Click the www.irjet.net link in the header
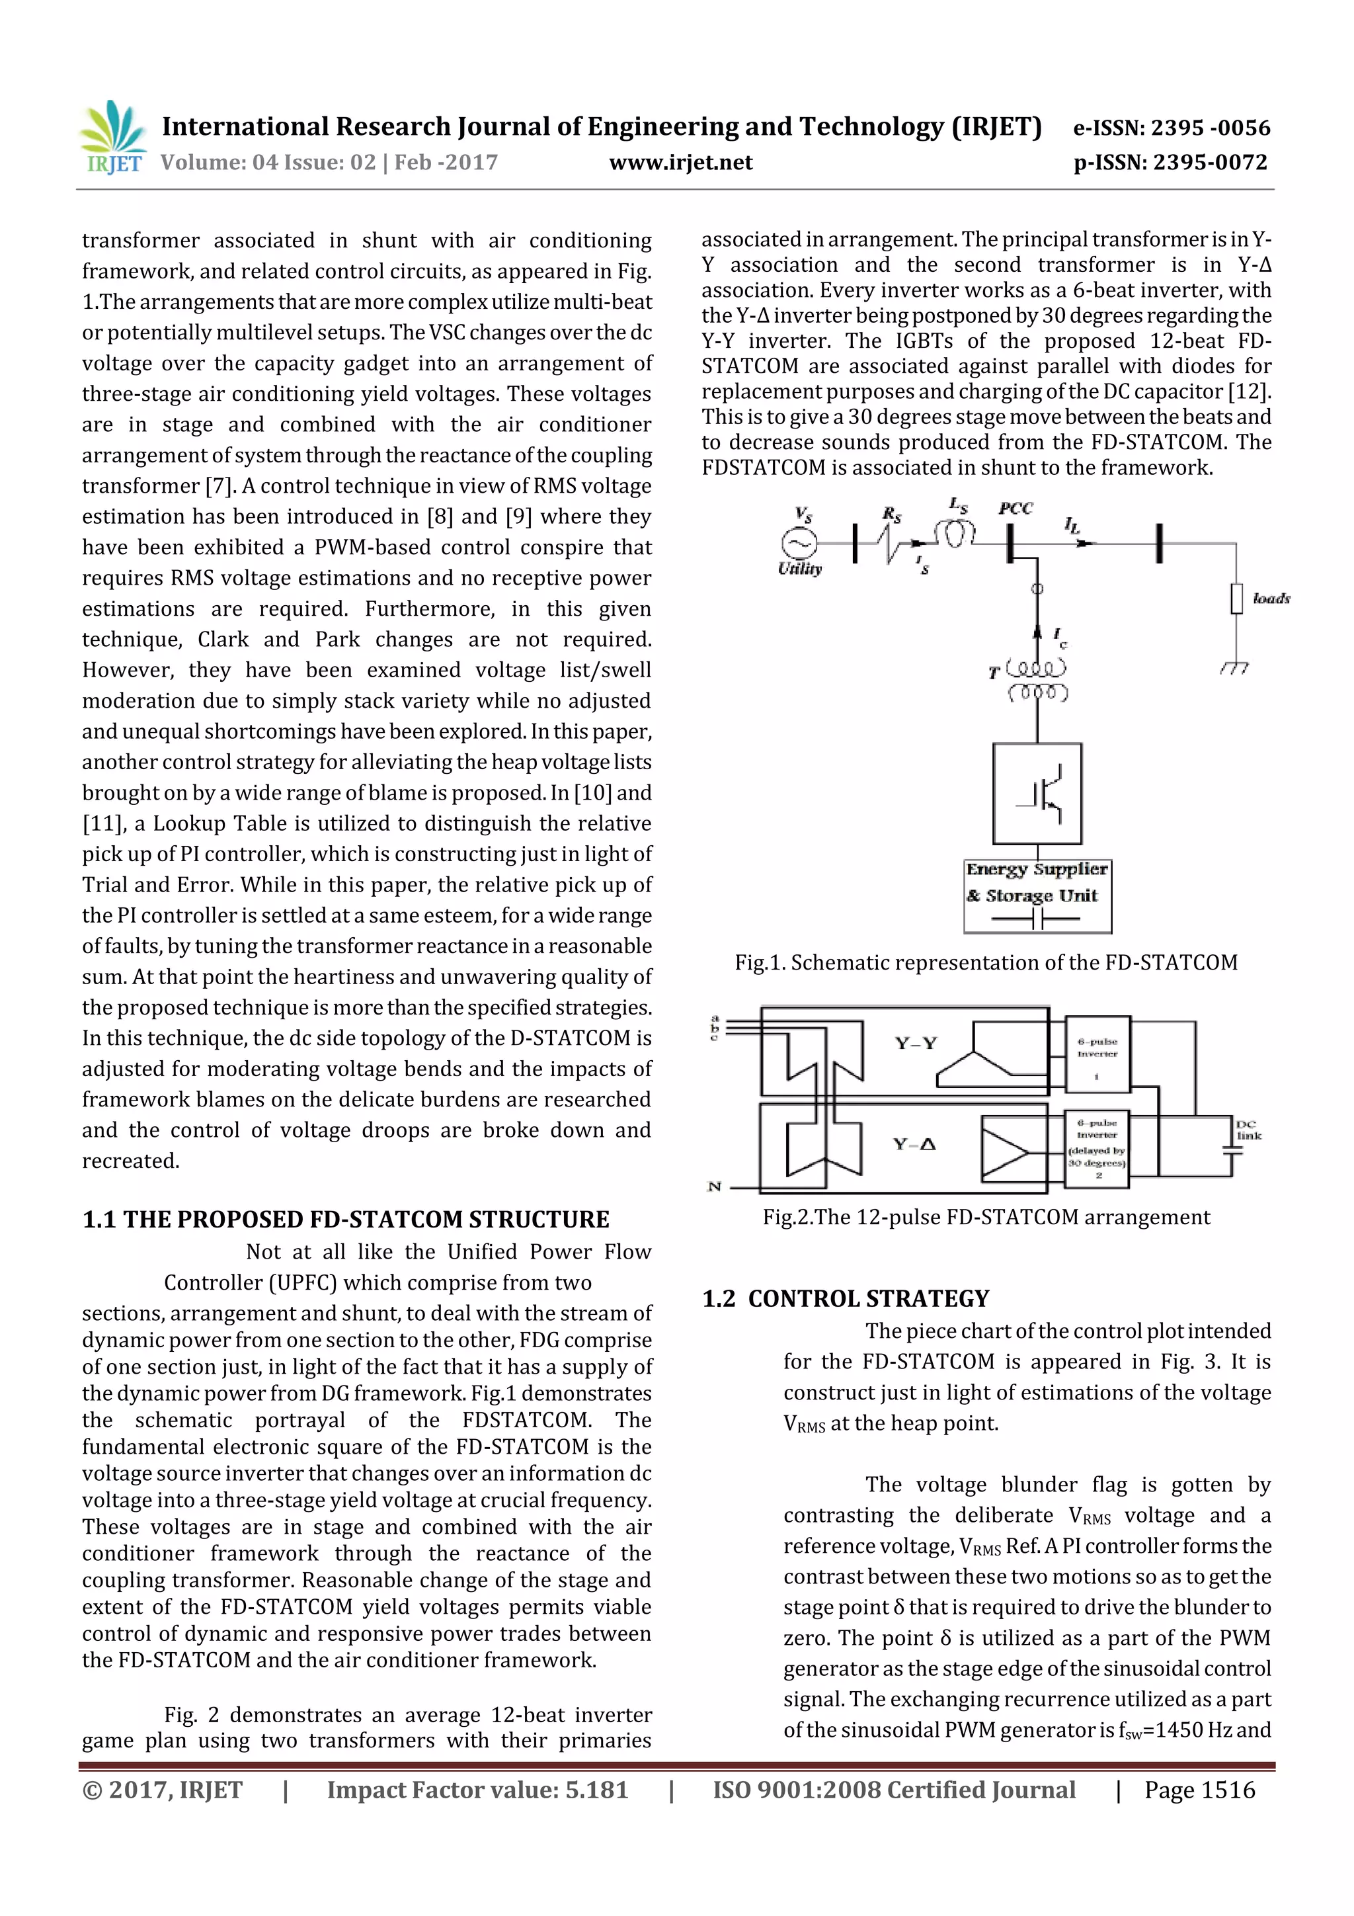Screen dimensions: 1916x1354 (681, 163)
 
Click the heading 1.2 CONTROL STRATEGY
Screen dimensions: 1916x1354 (845, 1298)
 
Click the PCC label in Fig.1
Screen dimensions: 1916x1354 (1015, 508)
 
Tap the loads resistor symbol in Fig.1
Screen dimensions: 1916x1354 (1236, 599)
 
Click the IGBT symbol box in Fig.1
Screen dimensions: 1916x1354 (1037, 794)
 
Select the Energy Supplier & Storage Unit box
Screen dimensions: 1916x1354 (1037, 896)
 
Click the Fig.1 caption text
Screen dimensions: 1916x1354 (985, 962)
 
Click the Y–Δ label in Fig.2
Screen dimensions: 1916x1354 (914, 1144)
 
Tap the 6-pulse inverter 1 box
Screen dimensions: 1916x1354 (1097, 1055)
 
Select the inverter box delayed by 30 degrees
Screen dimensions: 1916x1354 (1097, 1149)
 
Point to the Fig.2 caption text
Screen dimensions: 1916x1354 (985, 1217)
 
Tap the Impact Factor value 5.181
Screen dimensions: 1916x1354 (477, 1789)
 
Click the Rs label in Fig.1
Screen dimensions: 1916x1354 (892, 515)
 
